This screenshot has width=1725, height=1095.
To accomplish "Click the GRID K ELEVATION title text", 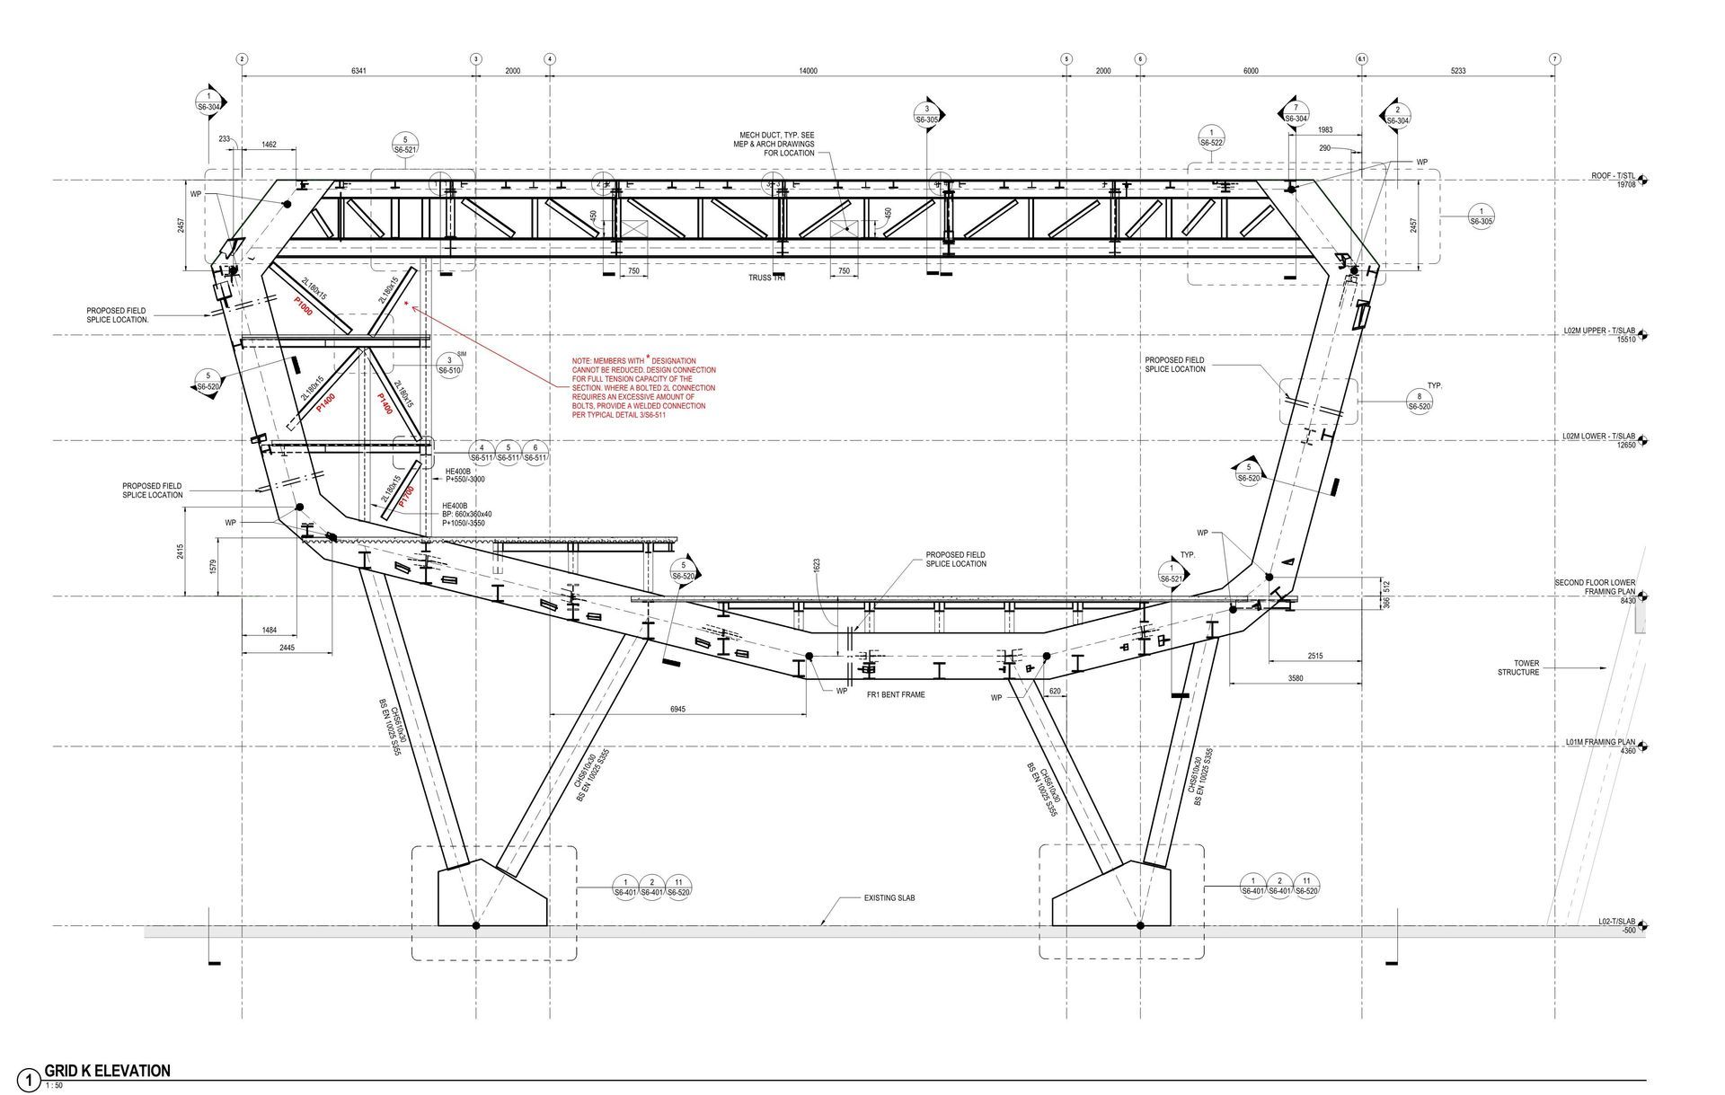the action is coord(107,1071).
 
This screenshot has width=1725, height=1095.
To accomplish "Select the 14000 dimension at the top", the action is coord(808,71).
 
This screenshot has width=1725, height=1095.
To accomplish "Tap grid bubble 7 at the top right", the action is coord(1555,59).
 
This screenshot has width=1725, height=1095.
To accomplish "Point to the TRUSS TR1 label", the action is coord(767,278).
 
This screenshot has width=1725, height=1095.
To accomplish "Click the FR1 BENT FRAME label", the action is coord(895,694).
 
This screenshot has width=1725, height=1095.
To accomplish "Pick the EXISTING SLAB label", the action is coord(889,897).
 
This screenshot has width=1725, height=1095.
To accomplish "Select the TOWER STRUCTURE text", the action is coord(1518,667).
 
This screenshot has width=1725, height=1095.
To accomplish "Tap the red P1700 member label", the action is coord(405,496).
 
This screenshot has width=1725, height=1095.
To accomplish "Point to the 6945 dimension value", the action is coord(678,710).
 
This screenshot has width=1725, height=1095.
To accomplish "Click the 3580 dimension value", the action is coord(1294,678).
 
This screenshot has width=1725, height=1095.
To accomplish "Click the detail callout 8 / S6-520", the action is coord(1419,402).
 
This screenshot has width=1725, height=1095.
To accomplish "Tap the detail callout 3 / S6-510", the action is coord(449,365).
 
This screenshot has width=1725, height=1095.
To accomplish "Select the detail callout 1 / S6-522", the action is coord(1211,137).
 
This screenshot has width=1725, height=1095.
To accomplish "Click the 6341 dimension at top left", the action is coord(358,71).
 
